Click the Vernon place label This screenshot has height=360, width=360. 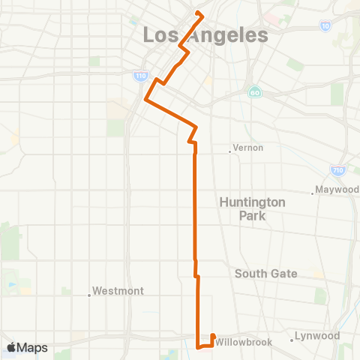tap(248, 148)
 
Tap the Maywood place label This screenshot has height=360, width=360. tap(337, 190)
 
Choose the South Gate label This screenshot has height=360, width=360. tap(266, 274)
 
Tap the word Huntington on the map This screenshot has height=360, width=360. tap(252, 202)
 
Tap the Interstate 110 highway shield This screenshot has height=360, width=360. tap(140, 76)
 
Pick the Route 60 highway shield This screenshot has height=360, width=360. tap(254, 92)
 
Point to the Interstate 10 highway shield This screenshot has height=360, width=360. tap(324, 26)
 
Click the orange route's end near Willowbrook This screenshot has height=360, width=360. tap(213, 336)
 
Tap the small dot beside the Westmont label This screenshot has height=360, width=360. tap(89, 295)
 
